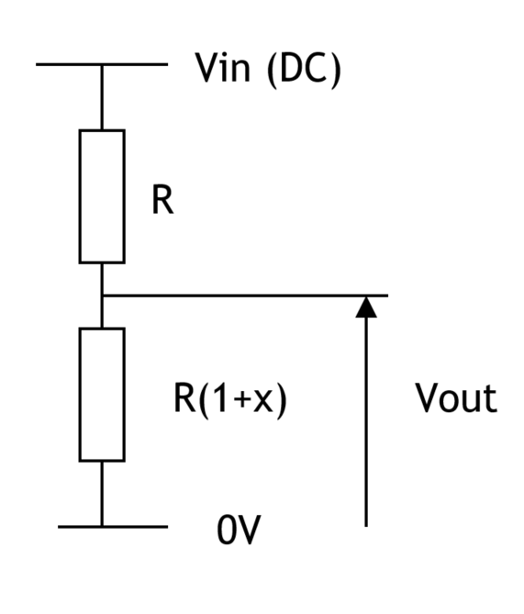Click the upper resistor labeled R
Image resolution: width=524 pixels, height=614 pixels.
[102, 196]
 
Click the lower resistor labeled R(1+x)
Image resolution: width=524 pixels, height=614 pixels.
[102, 395]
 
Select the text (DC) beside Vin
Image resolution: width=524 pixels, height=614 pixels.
[304, 70]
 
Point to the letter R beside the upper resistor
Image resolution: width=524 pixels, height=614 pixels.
[162, 200]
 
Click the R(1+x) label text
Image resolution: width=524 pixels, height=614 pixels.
[230, 400]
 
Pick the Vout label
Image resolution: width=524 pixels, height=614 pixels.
[456, 397]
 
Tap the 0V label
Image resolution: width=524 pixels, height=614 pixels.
[239, 530]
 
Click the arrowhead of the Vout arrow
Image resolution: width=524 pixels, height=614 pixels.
[366, 307]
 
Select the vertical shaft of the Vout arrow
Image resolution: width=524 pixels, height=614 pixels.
[366, 422]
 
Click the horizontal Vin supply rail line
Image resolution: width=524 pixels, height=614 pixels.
[102, 64]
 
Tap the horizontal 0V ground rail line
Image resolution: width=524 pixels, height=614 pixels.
[113, 527]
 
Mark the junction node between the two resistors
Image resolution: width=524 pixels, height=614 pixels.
[102, 296]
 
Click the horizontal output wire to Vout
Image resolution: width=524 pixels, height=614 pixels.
[245, 296]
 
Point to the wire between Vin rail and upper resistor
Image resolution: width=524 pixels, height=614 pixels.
[102, 97]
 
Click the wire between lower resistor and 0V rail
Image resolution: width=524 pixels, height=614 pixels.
[102, 494]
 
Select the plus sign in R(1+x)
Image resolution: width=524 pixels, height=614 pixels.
[242, 400]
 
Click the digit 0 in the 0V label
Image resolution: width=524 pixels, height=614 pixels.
[226, 530]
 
